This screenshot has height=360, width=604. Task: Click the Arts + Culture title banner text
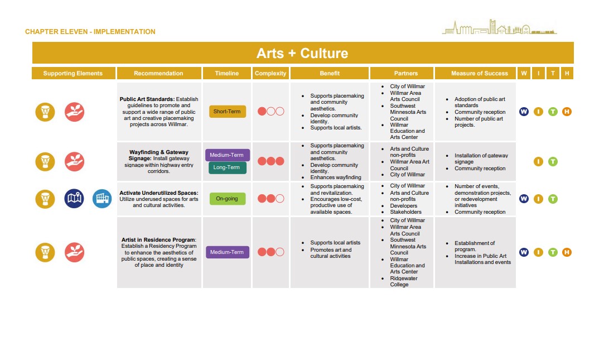[302, 53]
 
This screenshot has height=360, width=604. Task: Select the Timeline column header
[226, 73]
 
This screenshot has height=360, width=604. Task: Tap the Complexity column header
[270, 73]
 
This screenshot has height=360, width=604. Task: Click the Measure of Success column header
[479, 73]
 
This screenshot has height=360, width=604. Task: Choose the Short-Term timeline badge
[227, 112]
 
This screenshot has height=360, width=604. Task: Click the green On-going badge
[227, 199]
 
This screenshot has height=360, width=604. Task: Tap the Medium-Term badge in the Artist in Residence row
[227, 252]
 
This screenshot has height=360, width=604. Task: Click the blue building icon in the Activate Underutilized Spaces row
[102, 199]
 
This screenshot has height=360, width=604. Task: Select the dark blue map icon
[74, 199]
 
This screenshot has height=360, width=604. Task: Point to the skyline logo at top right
[499, 27]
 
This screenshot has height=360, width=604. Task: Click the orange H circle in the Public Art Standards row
[567, 112]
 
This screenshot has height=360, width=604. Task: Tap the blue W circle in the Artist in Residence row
[524, 252]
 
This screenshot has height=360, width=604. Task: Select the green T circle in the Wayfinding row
[553, 162]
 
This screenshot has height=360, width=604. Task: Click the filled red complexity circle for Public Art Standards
[262, 112]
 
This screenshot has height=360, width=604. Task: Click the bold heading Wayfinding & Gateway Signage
[159, 155]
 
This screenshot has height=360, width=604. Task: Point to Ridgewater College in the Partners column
[404, 281]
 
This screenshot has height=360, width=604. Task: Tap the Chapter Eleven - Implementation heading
[90, 32]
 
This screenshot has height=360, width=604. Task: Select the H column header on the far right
[567, 73]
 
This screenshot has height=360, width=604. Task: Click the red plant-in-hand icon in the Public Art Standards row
[74, 112]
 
